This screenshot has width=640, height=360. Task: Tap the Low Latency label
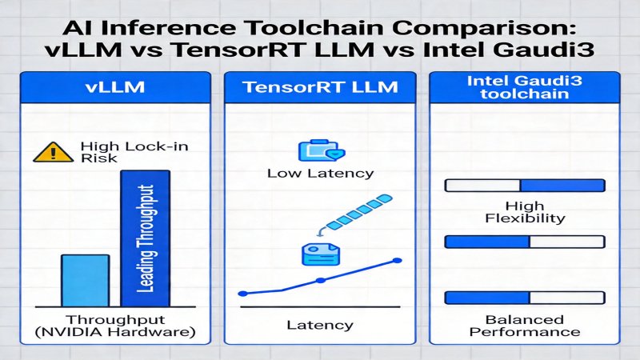(x=320, y=172)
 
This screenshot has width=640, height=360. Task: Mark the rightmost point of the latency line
(x=396, y=260)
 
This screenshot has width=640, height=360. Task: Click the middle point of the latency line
(x=320, y=280)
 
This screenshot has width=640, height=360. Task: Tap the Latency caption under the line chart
(x=320, y=325)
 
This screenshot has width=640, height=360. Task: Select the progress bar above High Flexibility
(x=525, y=186)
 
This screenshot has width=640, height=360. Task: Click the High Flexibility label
(x=525, y=211)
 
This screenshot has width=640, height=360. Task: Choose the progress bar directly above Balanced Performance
(x=525, y=298)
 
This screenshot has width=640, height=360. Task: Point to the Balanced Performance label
(x=525, y=325)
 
